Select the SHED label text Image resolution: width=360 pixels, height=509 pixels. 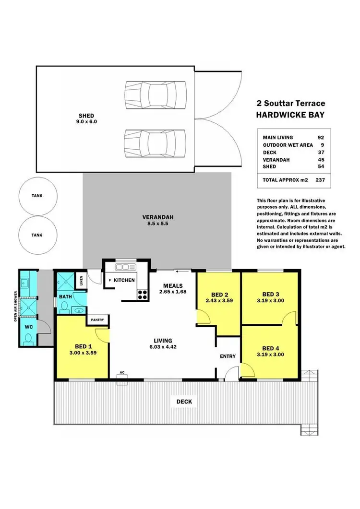(86, 116)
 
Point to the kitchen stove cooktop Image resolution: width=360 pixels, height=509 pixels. (143, 294)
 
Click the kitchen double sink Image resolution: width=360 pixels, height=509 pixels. (126, 266)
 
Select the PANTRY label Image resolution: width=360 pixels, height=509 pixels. (98, 319)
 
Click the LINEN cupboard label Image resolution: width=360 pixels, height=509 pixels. (81, 279)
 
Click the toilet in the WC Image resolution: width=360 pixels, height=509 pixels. (28, 339)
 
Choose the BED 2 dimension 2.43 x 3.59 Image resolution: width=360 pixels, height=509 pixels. (218, 301)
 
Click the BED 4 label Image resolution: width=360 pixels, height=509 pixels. (271, 348)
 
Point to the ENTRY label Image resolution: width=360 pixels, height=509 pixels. (228, 356)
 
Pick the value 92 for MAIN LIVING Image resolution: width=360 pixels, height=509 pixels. (321, 137)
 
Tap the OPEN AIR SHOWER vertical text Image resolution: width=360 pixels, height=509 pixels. (16, 306)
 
